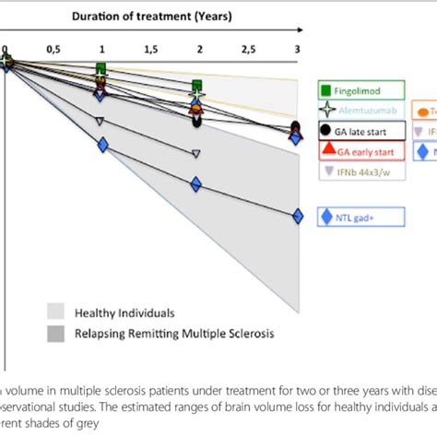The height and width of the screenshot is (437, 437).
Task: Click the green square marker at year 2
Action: [196, 87]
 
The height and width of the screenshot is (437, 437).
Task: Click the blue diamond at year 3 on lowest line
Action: [297, 217]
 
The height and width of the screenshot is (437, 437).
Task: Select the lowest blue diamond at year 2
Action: [196, 184]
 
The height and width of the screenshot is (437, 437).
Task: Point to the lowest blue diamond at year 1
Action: [101, 143]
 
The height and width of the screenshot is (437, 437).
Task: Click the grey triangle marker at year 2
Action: [196, 154]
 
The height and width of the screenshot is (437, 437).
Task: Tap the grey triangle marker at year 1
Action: [101, 121]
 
